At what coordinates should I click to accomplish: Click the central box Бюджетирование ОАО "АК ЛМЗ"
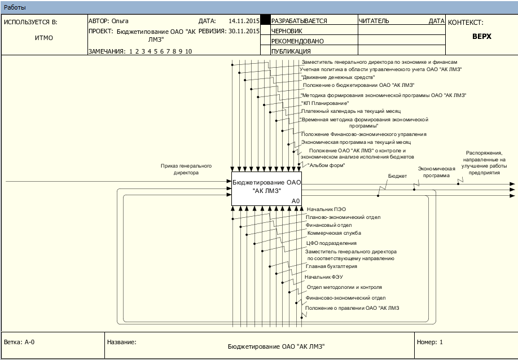[266, 189]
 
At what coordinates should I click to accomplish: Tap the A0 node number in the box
[296, 201]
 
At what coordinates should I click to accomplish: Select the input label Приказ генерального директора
[186, 169]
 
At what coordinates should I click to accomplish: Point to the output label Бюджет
[397, 176]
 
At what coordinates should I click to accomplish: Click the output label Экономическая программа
[436, 172]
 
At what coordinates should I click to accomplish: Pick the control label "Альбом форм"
[326, 165]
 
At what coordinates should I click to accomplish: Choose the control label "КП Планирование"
[325, 103]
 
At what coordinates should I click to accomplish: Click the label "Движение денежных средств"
[338, 77]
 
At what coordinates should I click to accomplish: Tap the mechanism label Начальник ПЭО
[326, 209]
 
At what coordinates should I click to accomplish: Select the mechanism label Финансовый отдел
[329, 225]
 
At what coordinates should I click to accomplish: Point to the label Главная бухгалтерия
[331, 266]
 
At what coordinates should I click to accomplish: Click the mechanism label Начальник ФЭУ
[324, 276]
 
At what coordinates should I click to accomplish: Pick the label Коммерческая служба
[334, 233]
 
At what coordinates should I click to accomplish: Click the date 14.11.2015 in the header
[244, 21]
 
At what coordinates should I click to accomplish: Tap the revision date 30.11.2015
[244, 31]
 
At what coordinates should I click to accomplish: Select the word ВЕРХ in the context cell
[482, 36]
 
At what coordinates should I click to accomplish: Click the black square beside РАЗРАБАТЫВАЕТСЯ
[265, 20]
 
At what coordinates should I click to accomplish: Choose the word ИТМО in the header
[44, 38]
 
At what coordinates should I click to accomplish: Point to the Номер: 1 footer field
[430, 342]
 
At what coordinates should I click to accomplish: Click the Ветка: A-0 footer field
[19, 342]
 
